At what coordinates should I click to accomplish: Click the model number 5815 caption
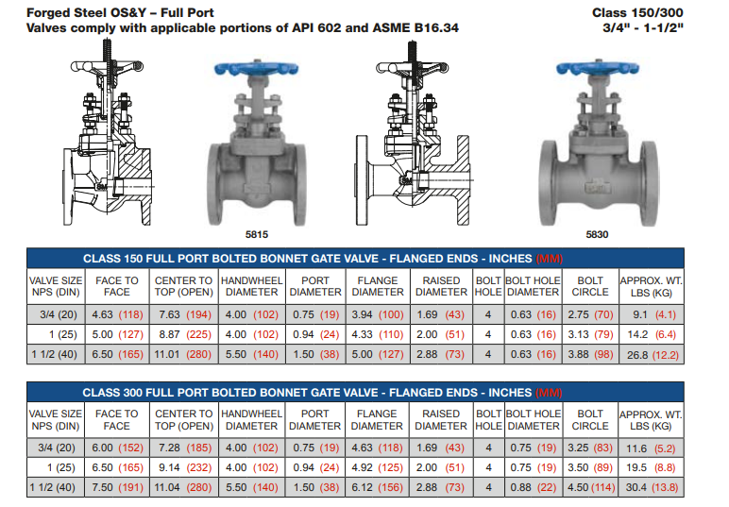coord(257,234)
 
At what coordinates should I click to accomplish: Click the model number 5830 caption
coord(597,234)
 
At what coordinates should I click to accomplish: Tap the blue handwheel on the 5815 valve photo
coord(256,69)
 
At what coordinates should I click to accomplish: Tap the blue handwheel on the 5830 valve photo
coord(598,68)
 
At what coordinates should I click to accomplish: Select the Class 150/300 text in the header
coord(637,12)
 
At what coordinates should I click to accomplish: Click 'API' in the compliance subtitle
coord(303,28)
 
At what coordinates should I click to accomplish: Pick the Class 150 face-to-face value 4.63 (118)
coord(117,314)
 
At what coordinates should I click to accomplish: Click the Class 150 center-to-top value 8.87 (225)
coord(185,334)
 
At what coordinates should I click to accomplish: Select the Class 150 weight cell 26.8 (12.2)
coord(653,355)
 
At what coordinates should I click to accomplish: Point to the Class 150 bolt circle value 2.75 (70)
coord(590,314)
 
